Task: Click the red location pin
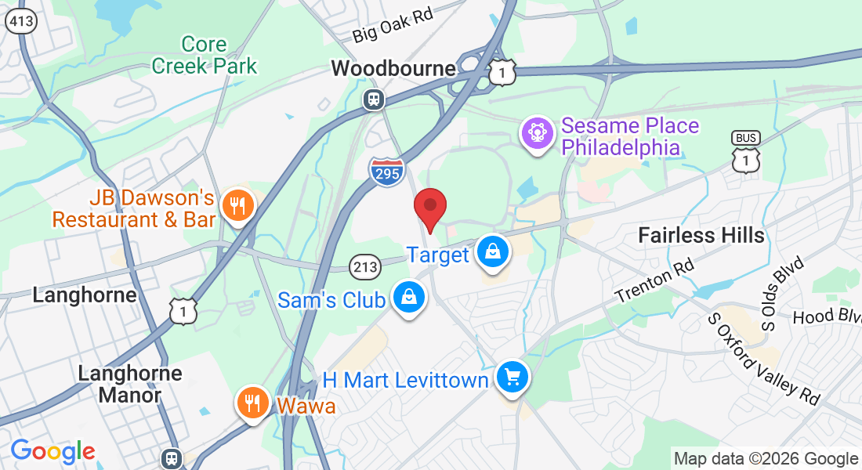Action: point(430,206)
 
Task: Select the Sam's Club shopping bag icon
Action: point(408,298)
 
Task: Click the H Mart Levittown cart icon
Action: point(512,378)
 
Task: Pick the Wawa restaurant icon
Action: point(252,403)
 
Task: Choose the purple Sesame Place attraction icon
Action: point(538,132)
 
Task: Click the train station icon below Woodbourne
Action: point(373,99)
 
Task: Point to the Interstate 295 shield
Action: point(387,171)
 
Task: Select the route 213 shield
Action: point(365,266)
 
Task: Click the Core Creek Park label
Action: point(205,55)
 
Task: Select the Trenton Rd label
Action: point(655,282)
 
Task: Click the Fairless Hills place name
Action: point(701,234)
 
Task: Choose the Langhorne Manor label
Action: point(130,384)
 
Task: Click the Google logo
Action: point(53,451)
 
